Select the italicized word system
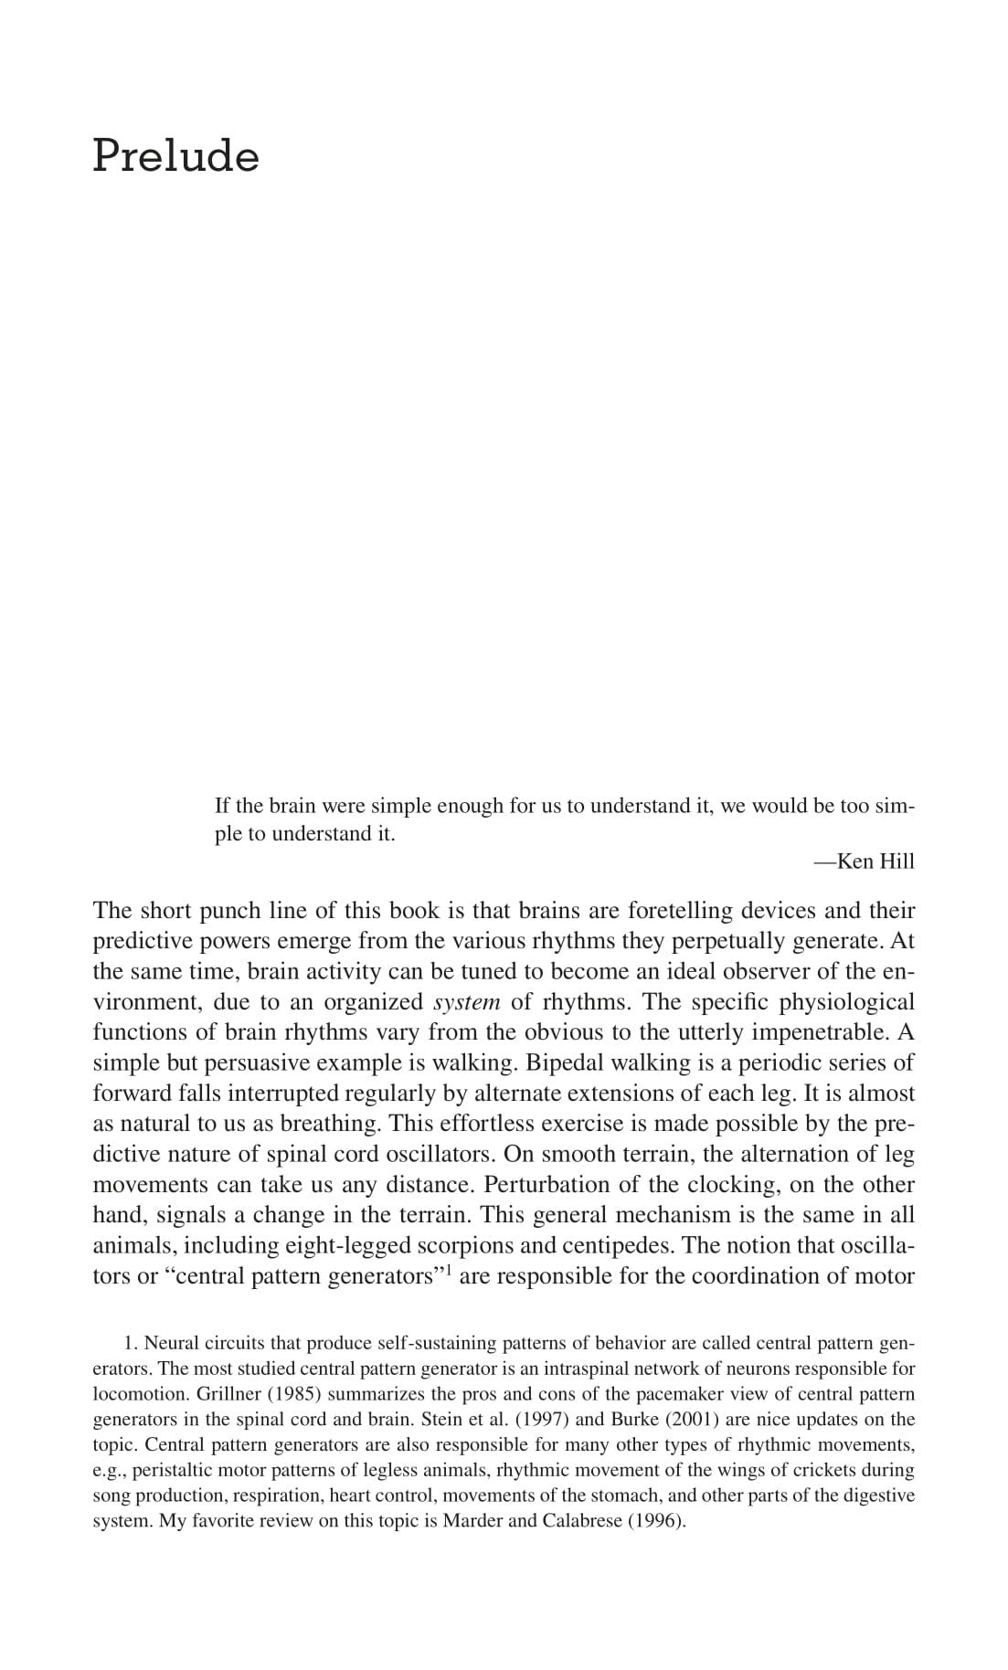pyautogui.click(x=466, y=1002)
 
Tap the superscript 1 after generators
pyautogui.click(x=448, y=1268)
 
